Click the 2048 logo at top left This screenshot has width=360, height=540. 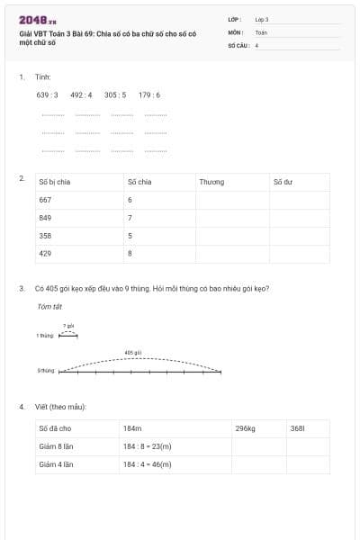pyautogui.click(x=37, y=19)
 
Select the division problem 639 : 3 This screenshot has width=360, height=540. pyautogui.click(x=47, y=94)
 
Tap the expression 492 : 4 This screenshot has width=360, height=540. pyautogui.click(x=81, y=94)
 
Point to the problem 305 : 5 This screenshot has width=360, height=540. pyautogui.click(x=115, y=94)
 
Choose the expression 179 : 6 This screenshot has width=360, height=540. pyautogui.click(x=149, y=94)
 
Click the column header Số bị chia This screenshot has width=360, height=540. pyautogui.click(x=54, y=182)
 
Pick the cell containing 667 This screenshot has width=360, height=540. pyautogui.click(x=45, y=200)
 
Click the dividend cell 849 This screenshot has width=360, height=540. pyautogui.click(x=45, y=218)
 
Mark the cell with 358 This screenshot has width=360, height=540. pyautogui.click(x=45, y=236)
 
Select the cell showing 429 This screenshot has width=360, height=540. pyautogui.click(x=45, y=254)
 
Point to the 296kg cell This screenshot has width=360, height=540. pyautogui.click(x=246, y=428)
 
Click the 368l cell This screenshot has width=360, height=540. pyautogui.click(x=298, y=428)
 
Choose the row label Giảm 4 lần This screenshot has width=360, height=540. pyautogui.click(x=56, y=464)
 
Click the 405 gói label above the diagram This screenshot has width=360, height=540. pyautogui.click(x=133, y=353)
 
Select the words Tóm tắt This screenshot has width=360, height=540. pyautogui.click(x=46, y=307)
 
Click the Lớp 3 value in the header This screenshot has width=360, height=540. pyautogui.click(x=262, y=19)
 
